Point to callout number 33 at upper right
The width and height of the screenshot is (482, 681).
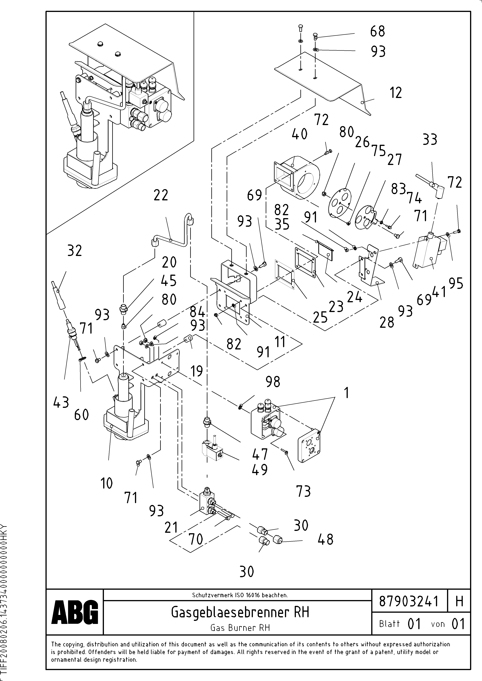430,139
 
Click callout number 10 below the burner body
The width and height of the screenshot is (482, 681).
107,483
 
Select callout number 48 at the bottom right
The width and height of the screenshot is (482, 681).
325,539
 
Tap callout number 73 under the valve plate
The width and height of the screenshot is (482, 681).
303,491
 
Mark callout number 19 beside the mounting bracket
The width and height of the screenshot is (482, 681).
196,371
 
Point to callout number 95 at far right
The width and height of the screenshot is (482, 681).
456,284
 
